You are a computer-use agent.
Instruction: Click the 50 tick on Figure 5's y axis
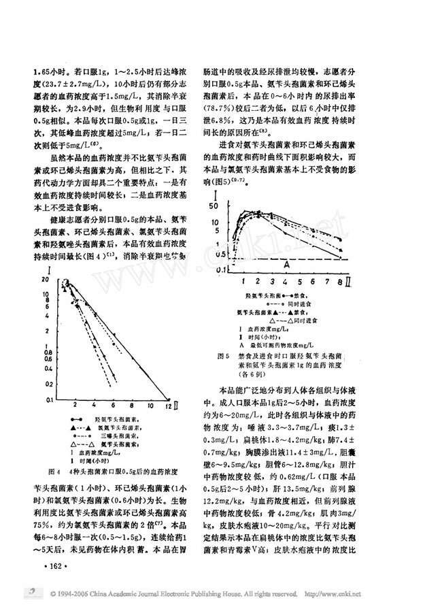215,205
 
